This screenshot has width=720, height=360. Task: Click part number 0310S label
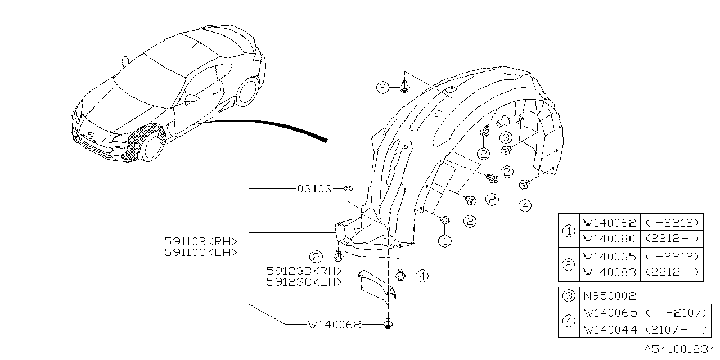click(315, 189)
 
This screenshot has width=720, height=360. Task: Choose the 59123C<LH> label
click(304, 282)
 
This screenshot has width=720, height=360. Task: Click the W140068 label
click(334, 325)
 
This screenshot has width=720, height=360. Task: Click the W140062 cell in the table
click(610, 222)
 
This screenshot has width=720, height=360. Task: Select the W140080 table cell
click(610, 238)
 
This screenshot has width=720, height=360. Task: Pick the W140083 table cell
click(610, 273)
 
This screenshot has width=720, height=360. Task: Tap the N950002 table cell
click(610, 295)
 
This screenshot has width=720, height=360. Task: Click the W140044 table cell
click(610, 329)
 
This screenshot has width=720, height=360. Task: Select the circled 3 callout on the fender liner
click(505, 137)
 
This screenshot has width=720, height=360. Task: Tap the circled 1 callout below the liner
click(444, 241)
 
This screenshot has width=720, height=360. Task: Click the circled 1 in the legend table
click(569, 231)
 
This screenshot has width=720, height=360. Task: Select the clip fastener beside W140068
click(388, 324)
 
